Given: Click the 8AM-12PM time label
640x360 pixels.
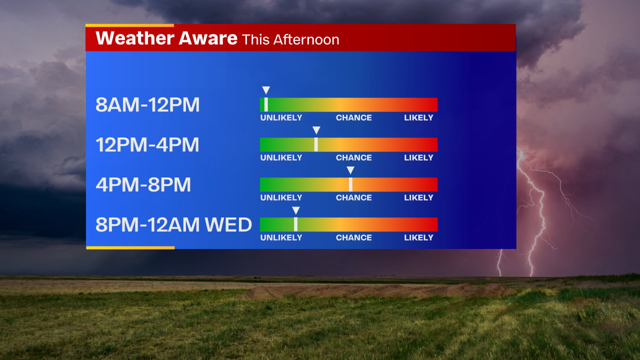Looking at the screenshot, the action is (147, 104).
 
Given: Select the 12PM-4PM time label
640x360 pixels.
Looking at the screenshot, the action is (147, 144).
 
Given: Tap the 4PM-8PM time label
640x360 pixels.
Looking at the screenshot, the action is (143, 184).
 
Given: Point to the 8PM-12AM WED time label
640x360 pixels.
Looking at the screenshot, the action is (173, 224).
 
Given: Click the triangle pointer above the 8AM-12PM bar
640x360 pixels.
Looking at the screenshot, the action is (266, 90).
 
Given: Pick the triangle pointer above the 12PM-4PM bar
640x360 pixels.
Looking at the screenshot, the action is (316, 130).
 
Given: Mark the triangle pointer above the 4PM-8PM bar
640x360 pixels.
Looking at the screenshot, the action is (350, 170).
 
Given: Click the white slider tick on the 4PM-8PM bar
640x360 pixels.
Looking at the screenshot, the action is (350, 184).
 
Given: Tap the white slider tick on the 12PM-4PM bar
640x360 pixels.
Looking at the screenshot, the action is (316, 144).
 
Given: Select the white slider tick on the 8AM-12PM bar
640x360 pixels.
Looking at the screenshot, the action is (266, 104).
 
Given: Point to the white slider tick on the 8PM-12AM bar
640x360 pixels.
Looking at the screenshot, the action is (295, 224).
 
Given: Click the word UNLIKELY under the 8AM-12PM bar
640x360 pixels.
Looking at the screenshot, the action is (281, 117).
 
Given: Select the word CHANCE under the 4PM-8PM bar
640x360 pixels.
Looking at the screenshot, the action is (353, 197).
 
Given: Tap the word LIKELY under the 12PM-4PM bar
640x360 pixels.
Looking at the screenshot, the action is (418, 157).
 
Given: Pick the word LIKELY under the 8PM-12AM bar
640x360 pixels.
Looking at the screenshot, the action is (418, 237).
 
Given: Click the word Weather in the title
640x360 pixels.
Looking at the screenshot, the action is (135, 38).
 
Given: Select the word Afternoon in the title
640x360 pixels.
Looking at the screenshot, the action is (306, 39).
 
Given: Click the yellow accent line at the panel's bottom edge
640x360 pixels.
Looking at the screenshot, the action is (130, 247).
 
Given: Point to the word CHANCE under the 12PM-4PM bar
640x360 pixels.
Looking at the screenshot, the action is (353, 157).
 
